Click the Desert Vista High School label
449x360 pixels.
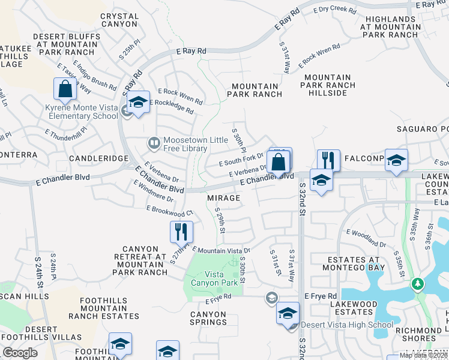[x=347, y=325]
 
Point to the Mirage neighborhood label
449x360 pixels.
[x=224, y=198]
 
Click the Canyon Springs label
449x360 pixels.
[x=208, y=318]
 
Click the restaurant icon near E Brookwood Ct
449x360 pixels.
[x=181, y=231]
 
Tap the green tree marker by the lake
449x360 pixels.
[x=417, y=283]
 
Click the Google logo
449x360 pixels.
[x=20, y=353]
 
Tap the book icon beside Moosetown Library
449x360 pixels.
[x=154, y=143]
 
